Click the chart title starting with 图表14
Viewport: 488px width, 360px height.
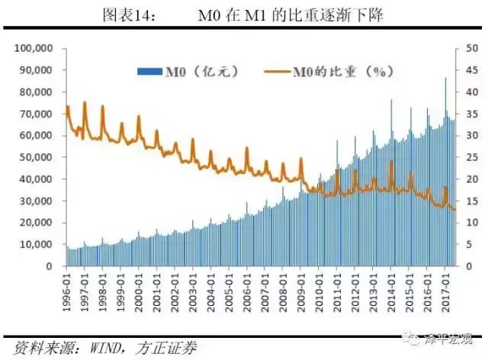(x=244, y=14)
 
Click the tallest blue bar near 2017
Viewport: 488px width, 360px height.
(x=445, y=79)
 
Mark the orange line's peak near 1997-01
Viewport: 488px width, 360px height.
(x=85, y=102)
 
